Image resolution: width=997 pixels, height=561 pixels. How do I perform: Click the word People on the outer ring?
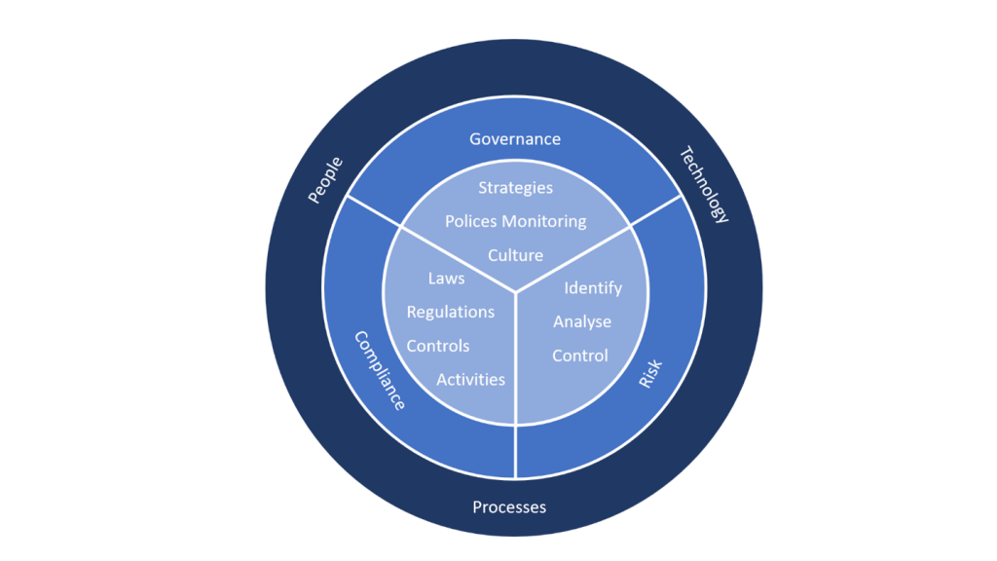click(326, 180)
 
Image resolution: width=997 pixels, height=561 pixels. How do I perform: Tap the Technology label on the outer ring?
click(703, 184)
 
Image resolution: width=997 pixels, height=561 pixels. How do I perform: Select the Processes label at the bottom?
click(509, 506)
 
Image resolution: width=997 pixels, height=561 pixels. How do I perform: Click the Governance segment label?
click(515, 138)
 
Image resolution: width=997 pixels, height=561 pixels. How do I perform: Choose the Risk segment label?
click(649, 374)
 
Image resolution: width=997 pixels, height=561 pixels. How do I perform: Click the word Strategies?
click(515, 187)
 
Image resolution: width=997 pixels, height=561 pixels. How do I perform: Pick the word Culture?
click(515, 255)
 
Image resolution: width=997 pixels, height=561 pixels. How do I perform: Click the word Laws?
click(446, 279)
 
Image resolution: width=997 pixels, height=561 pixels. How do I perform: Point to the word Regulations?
click(450, 312)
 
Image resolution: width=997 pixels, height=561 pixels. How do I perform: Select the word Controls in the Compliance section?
click(438, 346)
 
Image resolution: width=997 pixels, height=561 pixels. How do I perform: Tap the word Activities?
click(470, 379)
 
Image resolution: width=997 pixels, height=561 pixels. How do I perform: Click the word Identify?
click(593, 288)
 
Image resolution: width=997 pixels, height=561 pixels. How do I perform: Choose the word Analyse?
click(582, 321)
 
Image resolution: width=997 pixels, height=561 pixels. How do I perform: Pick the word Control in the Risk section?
click(580, 355)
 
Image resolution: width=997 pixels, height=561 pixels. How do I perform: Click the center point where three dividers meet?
click(515, 290)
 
